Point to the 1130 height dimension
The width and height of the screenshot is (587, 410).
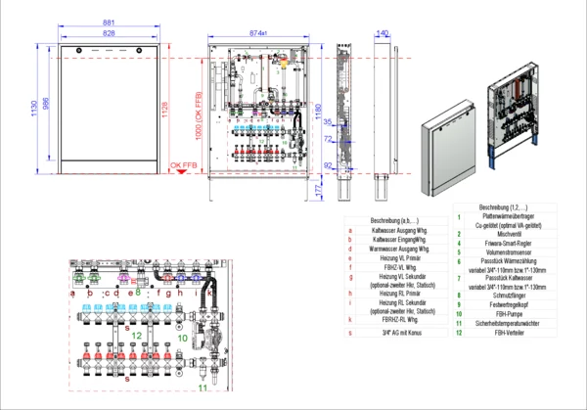(x=33, y=106)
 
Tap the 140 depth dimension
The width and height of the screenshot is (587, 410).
(x=383, y=33)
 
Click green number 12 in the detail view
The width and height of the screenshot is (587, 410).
(x=137, y=336)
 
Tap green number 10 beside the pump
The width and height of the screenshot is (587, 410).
(x=182, y=338)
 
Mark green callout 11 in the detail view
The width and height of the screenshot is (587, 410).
(x=203, y=388)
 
